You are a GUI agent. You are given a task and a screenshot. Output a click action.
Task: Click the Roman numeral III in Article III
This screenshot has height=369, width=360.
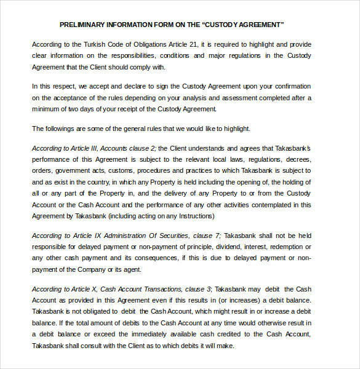tap(94, 148)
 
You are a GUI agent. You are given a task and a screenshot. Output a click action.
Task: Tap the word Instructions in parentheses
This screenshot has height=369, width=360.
tap(193, 216)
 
